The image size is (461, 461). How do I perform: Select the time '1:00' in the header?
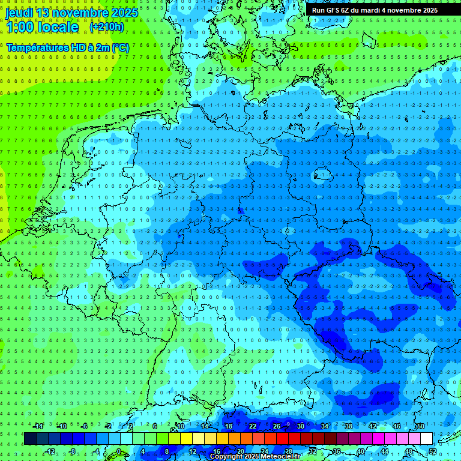click(x=20, y=27)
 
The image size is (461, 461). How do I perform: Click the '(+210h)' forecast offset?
click(x=107, y=27)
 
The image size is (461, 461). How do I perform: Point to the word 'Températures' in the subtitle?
click(x=35, y=47)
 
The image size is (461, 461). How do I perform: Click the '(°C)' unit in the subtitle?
click(x=120, y=47)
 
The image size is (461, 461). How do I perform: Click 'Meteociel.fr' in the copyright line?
click(x=284, y=457)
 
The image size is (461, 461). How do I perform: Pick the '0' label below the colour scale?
click(x=118, y=451)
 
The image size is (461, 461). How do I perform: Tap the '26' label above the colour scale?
click(x=277, y=426)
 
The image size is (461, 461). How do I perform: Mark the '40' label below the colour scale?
click(x=361, y=451)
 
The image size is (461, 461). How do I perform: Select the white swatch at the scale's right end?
click(x=426, y=438)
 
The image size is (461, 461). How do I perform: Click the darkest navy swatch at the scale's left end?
click(x=30, y=438)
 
